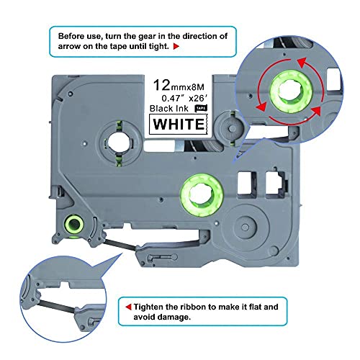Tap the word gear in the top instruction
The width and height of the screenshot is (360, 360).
tap(163, 35)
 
